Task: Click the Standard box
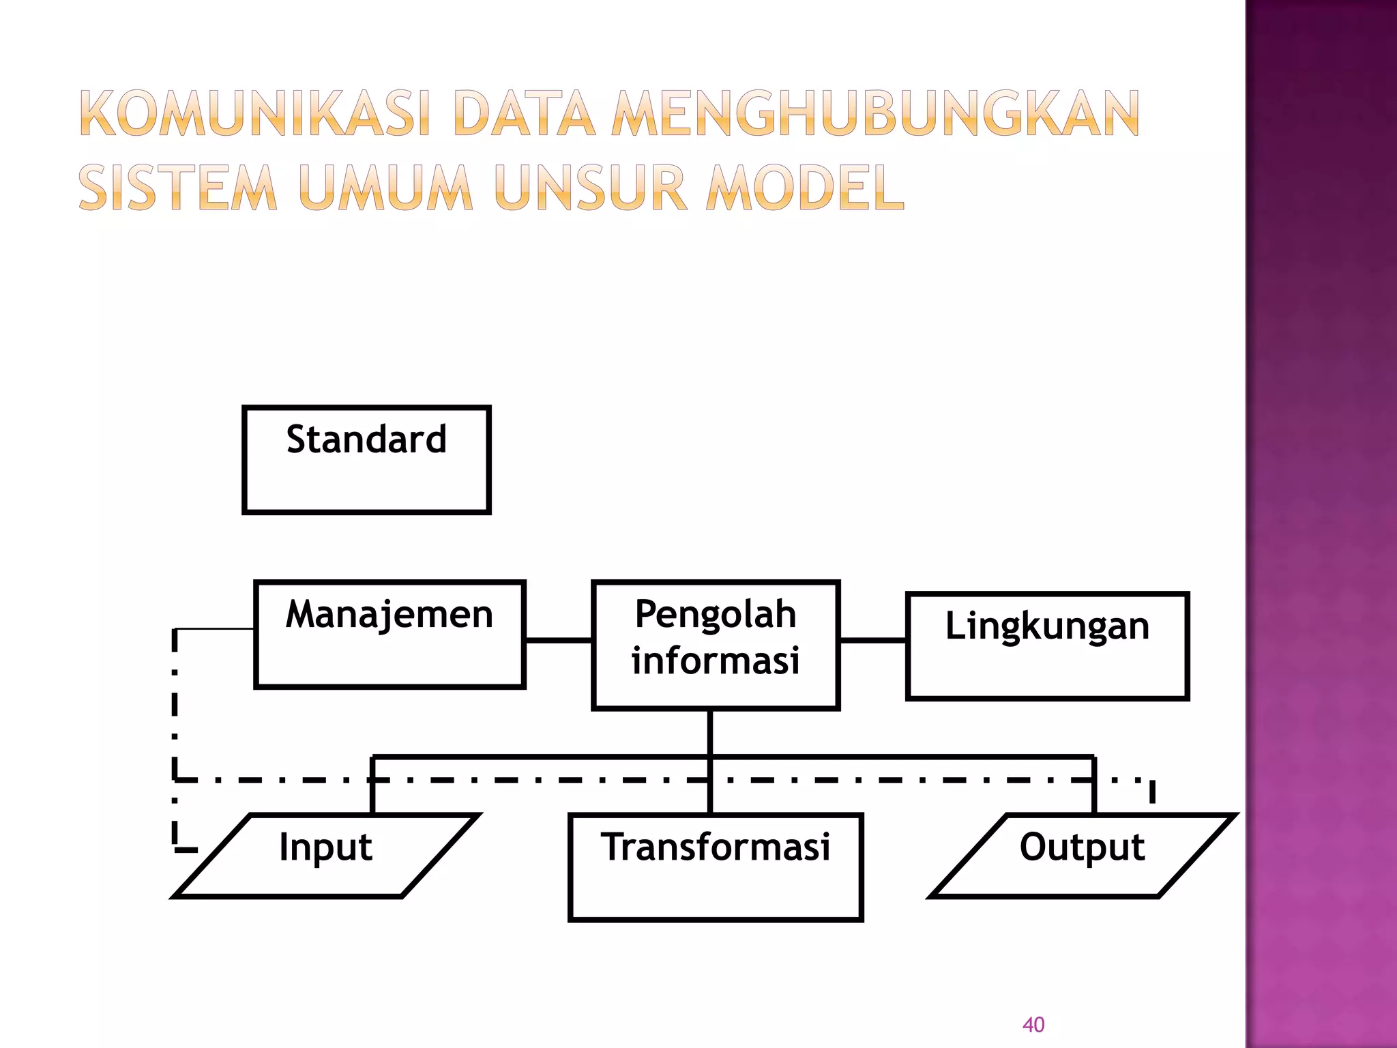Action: (366, 459)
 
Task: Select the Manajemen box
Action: (389, 634)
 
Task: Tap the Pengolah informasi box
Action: (715, 645)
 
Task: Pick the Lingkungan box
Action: (1047, 645)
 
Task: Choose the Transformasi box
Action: (715, 867)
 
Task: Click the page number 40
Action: (1033, 1024)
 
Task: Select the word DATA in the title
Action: (523, 113)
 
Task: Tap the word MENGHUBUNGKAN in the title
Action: (875, 113)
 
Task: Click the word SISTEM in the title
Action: (177, 187)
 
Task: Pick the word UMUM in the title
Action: (385, 187)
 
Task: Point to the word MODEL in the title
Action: (805, 187)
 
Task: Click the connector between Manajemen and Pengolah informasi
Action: (558, 640)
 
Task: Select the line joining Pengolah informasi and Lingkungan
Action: (872, 640)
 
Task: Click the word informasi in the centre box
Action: (715, 660)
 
